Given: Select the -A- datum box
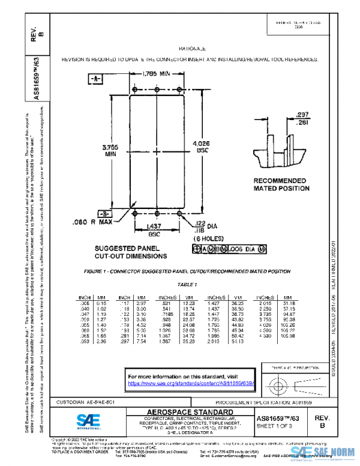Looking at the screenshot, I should tap(97, 79).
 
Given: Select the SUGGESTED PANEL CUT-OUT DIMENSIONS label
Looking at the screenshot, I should tap(130, 252).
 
